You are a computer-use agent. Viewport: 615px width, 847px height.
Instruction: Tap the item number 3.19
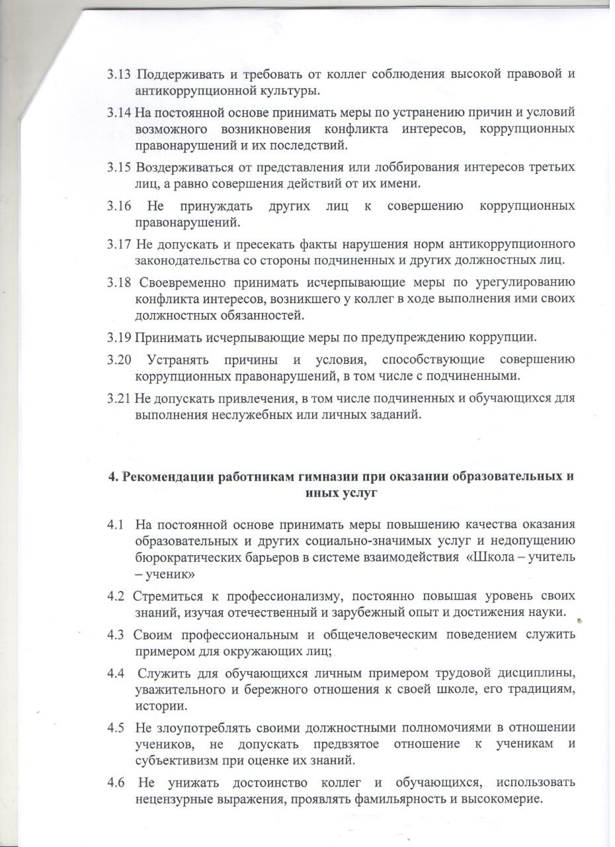tap(120, 337)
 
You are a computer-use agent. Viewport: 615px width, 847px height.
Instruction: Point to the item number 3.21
tap(120, 399)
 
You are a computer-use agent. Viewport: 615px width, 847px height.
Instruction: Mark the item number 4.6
tap(116, 782)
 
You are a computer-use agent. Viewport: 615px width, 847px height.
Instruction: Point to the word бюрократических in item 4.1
tap(188, 557)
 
